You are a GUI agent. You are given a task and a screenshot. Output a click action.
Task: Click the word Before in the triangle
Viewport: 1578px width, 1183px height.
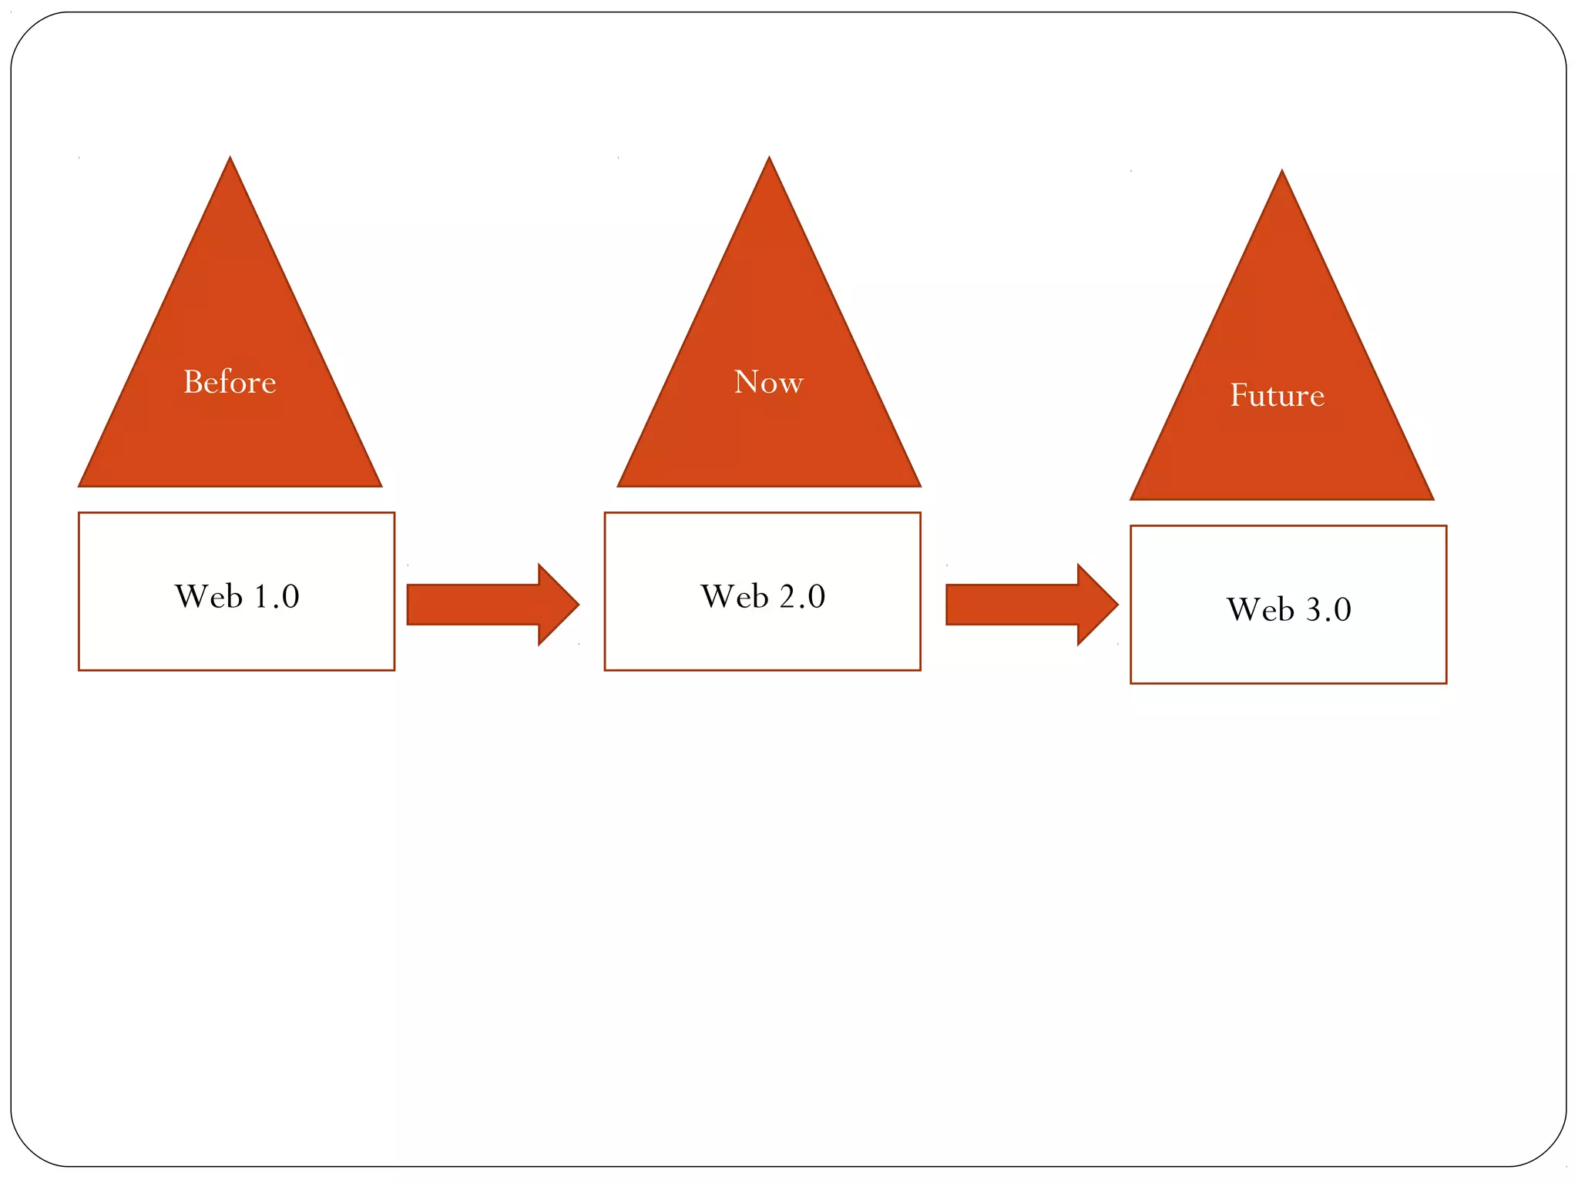[230, 382]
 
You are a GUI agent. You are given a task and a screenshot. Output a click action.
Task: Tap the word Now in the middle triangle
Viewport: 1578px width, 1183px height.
[768, 382]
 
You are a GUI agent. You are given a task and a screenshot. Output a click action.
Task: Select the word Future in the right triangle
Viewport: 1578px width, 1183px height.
[1277, 395]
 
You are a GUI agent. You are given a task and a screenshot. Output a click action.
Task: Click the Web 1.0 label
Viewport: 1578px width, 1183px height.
[237, 596]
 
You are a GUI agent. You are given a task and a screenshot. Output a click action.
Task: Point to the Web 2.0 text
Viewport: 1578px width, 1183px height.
[763, 596]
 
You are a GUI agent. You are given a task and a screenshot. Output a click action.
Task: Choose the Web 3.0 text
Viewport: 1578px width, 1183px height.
[1288, 609]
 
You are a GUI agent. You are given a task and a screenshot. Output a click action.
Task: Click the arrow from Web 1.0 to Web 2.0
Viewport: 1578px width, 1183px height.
[485, 605]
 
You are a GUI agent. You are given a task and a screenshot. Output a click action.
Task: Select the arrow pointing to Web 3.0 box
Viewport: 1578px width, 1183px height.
[1025, 605]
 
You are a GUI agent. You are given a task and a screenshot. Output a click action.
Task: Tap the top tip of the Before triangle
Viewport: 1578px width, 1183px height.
[230, 162]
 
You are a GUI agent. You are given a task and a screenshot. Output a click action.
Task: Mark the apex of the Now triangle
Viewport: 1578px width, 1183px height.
[768, 162]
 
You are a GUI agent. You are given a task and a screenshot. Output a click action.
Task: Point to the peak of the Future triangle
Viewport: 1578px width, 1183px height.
[1281, 175]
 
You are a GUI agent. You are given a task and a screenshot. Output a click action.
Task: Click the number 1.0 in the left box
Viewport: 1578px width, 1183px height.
[276, 597]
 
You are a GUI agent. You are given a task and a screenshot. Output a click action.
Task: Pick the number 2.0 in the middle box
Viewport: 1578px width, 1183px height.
[802, 597]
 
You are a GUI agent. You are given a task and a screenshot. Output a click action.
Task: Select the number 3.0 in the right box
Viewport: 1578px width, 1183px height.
[1328, 610]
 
